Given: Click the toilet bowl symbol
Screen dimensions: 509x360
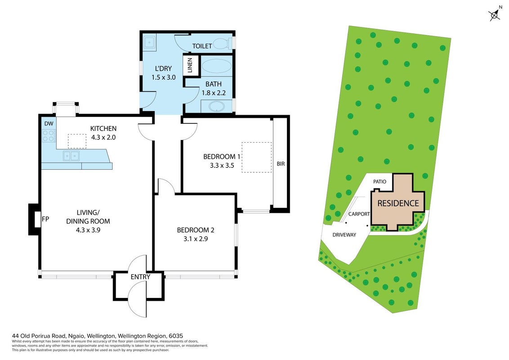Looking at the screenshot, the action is coord(223,43).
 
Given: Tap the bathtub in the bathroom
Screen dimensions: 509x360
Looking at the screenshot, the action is coord(217,66).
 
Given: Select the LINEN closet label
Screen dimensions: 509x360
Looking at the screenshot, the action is coord(190,65).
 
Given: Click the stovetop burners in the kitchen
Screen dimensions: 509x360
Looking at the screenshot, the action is coord(49,135).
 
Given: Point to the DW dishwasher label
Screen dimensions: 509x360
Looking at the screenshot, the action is coord(49,123).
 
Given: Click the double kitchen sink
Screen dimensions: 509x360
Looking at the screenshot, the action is coord(71,156).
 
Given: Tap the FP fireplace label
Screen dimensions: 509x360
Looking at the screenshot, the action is coord(45,219).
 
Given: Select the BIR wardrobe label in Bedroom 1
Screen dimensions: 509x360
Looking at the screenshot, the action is coord(281,164).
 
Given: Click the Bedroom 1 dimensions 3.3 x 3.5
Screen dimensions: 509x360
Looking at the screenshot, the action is coord(222,166).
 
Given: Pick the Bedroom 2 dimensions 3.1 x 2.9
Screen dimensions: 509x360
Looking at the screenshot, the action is coord(196,239).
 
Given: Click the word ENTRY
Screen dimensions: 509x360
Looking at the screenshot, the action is coord(140,277).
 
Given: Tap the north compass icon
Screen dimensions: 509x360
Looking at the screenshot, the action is coord(495,14).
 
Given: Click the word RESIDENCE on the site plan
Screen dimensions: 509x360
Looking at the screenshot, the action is coord(398,203).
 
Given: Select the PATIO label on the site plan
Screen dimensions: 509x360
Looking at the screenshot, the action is coord(380,182).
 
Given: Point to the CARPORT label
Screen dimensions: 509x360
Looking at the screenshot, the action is coord(359,214).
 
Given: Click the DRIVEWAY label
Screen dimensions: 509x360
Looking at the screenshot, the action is coord(344,234).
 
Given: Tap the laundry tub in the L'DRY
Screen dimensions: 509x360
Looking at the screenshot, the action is coord(149,42).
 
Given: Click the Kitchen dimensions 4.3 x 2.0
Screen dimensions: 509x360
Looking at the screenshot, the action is coord(103,137).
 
